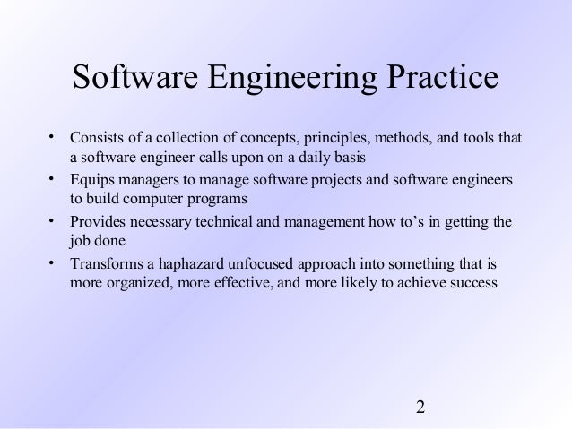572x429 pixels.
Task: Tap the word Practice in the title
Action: click(437, 77)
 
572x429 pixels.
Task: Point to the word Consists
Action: click(95, 139)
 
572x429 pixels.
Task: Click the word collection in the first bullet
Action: click(186, 139)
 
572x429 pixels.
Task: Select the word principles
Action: click(334, 139)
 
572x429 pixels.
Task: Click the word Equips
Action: click(90, 181)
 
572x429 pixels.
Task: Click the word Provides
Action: click(97, 222)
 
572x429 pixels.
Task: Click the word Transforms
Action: click(105, 264)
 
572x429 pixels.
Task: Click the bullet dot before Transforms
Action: click(52, 263)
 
